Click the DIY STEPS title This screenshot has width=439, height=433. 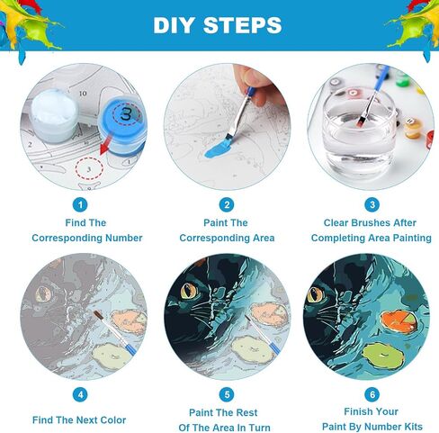click(218, 25)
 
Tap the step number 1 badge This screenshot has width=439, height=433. click(80, 205)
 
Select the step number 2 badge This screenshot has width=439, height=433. click(227, 205)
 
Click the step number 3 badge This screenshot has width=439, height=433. click(372, 205)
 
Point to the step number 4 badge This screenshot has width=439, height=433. click(80, 394)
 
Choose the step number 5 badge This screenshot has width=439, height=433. click(227, 394)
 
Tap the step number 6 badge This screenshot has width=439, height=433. click(372, 394)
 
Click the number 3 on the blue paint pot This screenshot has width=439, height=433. click(126, 114)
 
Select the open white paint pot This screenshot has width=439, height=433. click(55, 115)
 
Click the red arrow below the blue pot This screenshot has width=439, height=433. click(105, 145)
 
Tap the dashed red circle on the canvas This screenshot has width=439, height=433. click(89, 168)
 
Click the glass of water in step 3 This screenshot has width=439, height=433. click(359, 133)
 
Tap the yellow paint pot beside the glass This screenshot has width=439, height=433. click(412, 128)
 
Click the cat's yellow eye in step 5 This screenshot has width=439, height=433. click(189, 290)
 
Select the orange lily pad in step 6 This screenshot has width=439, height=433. click(399, 322)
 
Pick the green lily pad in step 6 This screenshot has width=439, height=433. click(382, 356)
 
